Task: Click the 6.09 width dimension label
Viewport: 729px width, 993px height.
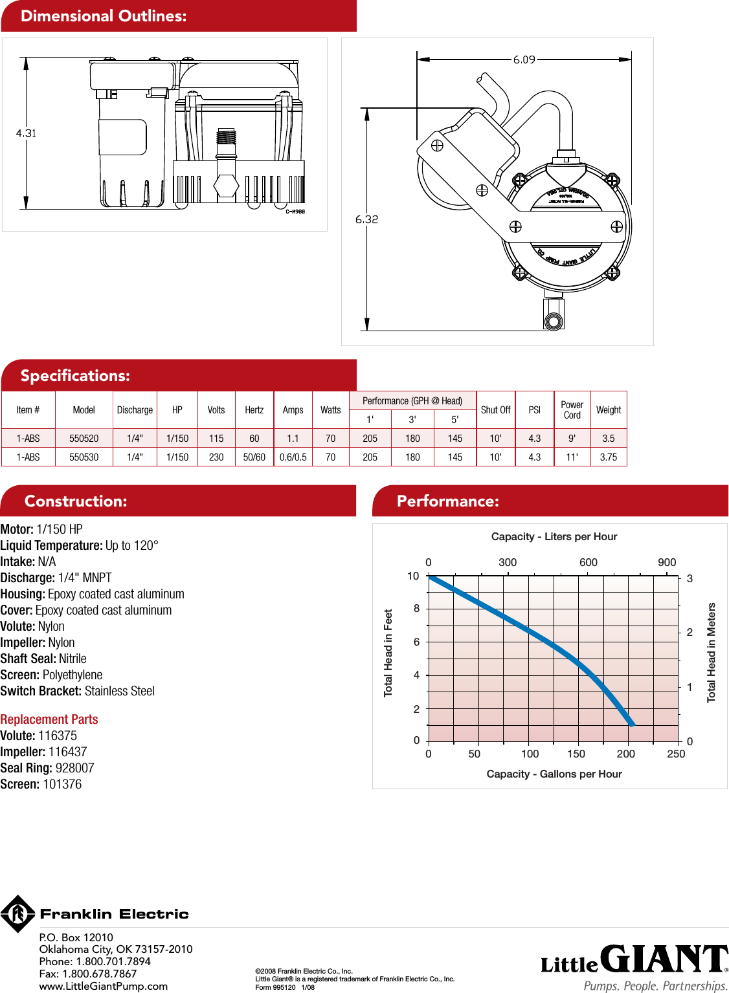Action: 524,60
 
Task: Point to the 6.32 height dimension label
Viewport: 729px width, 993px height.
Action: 366,219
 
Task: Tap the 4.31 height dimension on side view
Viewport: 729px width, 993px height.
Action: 26,133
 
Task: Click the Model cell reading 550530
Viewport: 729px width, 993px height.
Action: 84,457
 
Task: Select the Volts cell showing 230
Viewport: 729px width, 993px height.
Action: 216,457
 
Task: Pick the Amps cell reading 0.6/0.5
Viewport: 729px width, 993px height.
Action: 293,457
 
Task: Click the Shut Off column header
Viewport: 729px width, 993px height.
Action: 495,409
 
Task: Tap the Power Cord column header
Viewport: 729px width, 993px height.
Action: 572,409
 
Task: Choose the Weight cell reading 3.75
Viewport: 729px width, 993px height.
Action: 609,457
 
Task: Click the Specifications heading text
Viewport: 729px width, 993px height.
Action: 75,376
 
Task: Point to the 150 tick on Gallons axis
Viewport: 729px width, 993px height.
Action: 576,754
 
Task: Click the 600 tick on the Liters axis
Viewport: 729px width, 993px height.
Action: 589,562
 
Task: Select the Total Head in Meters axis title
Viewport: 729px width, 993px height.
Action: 712,652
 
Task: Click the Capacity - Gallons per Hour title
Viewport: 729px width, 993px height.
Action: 554,774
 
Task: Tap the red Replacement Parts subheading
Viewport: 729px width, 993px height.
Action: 49,719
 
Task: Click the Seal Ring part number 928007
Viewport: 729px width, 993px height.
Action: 74,768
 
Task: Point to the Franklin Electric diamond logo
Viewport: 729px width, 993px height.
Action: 18,913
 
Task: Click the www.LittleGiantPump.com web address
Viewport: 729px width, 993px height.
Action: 104,986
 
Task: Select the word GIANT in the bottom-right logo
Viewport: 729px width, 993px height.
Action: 663,959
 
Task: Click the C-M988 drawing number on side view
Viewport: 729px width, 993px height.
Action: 295,212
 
